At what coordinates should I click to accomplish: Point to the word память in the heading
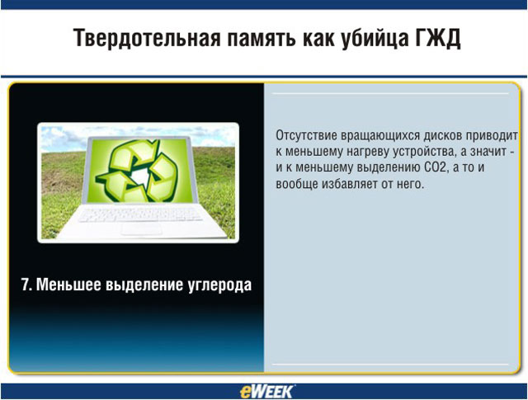pyautogui.click(x=262, y=40)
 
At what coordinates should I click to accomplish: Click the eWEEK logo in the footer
pyautogui.click(x=266, y=391)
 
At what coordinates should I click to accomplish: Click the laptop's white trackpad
pyautogui.click(x=141, y=229)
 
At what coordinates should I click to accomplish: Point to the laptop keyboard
pyautogui.click(x=139, y=214)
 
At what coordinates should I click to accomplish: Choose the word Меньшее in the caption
pyautogui.click(x=68, y=285)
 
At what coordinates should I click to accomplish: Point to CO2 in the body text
pyautogui.click(x=436, y=167)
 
